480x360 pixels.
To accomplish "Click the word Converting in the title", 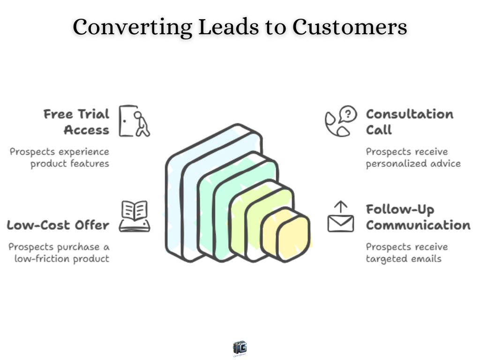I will [x=132, y=27].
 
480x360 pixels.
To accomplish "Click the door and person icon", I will [x=134, y=121].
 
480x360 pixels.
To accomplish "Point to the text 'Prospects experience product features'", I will [x=60, y=158].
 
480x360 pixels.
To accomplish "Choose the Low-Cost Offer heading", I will [x=58, y=225].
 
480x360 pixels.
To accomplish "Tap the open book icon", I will [x=135, y=216].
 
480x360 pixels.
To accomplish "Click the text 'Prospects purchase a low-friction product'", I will [x=59, y=253].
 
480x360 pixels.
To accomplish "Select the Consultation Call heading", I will [x=409, y=122].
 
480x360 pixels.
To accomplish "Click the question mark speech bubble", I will [x=348, y=114].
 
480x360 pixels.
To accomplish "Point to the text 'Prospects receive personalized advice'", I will [x=413, y=158].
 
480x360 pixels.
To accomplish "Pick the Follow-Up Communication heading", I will [x=418, y=217].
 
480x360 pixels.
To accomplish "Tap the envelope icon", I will [x=341, y=223].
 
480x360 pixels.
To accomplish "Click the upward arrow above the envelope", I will [x=341, y=206].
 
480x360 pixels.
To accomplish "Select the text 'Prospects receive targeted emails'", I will [x=406, y=253].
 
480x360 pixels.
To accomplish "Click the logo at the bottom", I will [x=240, y=348].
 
